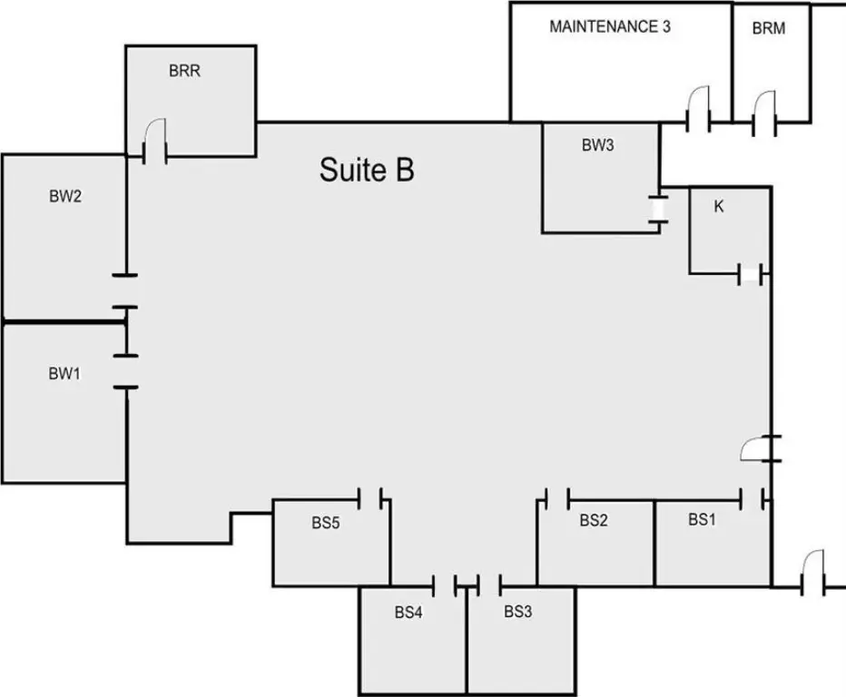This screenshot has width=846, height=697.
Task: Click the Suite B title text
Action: pos(367,170)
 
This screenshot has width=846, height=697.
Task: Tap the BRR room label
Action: pos(184,71)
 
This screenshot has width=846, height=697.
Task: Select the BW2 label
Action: pos(65,196)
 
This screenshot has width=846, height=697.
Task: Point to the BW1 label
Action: pos(64,373)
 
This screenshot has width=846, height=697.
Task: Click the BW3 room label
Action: pos(598,145)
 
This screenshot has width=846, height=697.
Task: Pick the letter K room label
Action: pos(719,206)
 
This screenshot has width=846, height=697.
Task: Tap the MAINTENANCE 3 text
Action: pos(610,26)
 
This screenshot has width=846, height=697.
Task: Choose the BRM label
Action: pos(769,28)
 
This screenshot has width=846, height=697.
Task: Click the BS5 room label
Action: pos(326,523)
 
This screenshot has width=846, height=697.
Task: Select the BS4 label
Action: pos(408,613)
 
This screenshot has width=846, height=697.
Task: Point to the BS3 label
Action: pos(518,611)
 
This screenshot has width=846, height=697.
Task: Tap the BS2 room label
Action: pos(594,520)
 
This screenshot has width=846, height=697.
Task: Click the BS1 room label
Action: pos(702,519)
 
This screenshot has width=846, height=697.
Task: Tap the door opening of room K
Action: pos(750,274)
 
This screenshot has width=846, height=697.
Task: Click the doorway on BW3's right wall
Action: pos(658,210)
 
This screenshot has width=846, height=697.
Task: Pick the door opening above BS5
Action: pos(369,498)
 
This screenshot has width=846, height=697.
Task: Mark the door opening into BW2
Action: pos(125,291)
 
